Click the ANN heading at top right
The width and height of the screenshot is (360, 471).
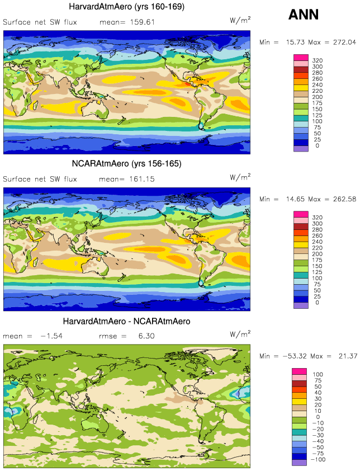click(304, 15)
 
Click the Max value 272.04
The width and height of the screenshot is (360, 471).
click(343, 42)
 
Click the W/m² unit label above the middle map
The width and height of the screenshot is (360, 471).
click(240, 177)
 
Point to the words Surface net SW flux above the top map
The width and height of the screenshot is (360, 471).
click(40, 22)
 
